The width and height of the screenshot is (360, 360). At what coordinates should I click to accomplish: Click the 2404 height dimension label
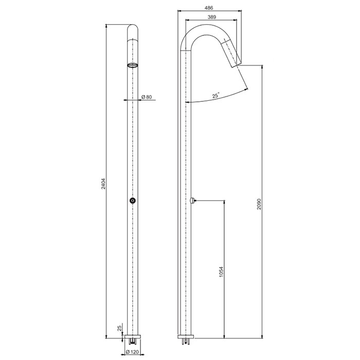point(103,184)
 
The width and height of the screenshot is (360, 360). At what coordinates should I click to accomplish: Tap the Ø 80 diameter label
point(147,97)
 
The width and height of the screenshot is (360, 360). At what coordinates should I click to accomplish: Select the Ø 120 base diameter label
point(133,351)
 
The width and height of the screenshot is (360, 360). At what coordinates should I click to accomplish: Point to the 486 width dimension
point(208,8)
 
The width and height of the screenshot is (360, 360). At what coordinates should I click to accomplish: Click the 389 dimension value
point(212,17)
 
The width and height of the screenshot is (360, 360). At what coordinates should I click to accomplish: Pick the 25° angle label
point(216,95)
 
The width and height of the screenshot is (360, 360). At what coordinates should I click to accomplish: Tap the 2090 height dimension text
point(259,204)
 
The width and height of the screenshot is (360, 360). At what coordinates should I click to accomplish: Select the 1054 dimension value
point(221,272)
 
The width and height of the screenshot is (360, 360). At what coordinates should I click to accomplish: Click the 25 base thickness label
point(119,328)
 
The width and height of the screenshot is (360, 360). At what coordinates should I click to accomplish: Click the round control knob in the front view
point(133,201)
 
